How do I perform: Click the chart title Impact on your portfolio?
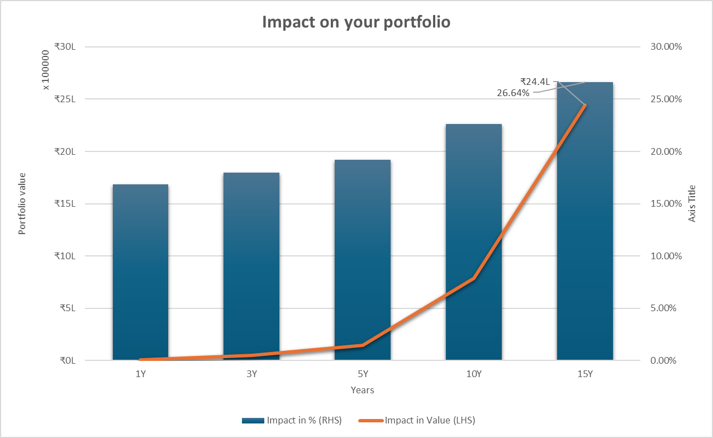[x=356, y=22]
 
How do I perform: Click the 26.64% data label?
[x=513, y=93]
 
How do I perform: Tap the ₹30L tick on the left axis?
[x=68, y=47]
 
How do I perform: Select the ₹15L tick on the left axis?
[x=68, y=204]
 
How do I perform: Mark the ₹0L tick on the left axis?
[x=70, y=360]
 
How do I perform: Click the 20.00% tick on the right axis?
[x=666, y=152]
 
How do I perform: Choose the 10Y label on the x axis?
[x=473, y=374]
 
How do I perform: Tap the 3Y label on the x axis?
[x=251, y=374]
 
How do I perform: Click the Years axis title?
[x=363, y=390]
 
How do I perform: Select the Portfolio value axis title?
[x=22, y=203]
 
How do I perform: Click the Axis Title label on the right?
[x=692, y=203]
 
